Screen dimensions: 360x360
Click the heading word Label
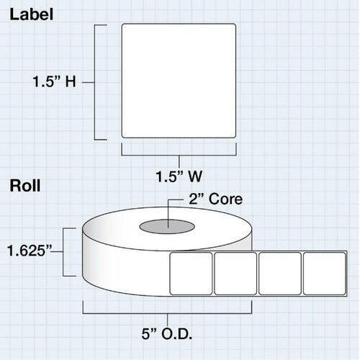pyautogui.click(x=32, y=14)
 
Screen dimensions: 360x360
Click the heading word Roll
pyautogui.click(x=25, y=186)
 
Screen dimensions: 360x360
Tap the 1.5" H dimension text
pyautogui.click(x=54, y=81)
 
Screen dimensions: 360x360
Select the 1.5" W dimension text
pyautogui.click(x=179, y=176)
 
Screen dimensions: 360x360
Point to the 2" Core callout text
pyautogui.click(x=215, y=199)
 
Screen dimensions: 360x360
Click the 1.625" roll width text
pyautogui.click(x=30, y=251)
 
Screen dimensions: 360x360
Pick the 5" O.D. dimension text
pyautogui.click(x=167, y=333)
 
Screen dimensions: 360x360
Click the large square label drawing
pyautogui.click(x=179, y=81)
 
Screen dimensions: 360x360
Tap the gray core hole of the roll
pyautogui.click(x=167, y=226)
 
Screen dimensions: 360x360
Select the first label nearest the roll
pyautogui.click(x=191, y=274)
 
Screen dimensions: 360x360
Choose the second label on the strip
pyautogui.click(x=235, y=274)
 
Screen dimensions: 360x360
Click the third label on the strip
pyautogui.click(x=280, y=274)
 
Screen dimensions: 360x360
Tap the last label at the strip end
pyautogui.click(x=325, y=274)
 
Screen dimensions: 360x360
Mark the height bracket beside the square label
pyautogui.click(x=94, y=82)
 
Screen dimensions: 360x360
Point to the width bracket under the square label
pyautogui.click(x=179, y=156)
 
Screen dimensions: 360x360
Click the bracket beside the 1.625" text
pyautogui.click(x=63, y=252)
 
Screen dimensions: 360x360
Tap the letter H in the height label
pyautogui.click(x=71, y=81)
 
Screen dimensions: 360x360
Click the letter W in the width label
pyautogui.click(x=195, y=176)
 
